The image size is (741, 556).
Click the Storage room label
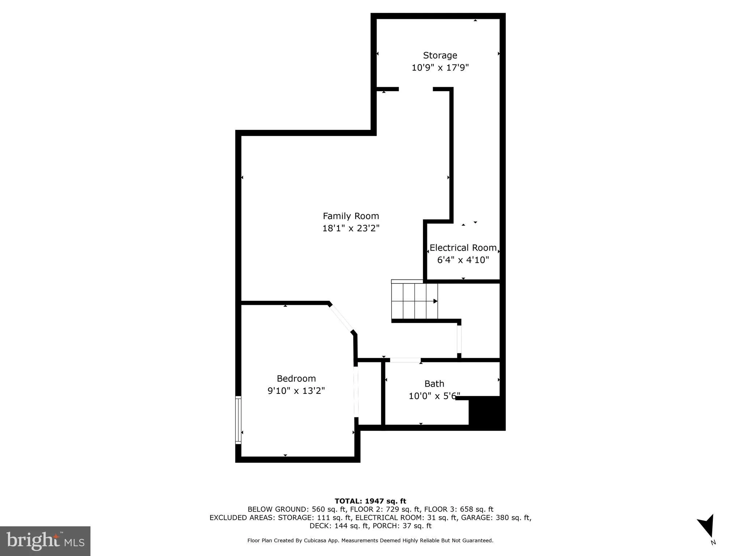440,55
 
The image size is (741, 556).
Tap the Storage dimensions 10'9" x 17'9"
440,68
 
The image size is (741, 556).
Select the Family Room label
351,216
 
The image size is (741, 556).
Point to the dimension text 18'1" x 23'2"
351,228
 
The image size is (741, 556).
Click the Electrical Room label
463,248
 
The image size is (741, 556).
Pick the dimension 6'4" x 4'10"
463,260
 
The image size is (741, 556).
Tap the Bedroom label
296,379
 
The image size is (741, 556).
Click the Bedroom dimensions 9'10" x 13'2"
296,391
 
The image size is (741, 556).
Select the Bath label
434,384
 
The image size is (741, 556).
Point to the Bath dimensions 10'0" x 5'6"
434,396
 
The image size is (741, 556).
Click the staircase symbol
415,301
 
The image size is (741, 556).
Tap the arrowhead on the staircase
436,301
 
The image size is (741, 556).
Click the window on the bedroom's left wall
238,420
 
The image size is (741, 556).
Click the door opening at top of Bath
405,360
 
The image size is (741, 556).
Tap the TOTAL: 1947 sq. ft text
370,501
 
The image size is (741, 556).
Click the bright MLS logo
45,541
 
